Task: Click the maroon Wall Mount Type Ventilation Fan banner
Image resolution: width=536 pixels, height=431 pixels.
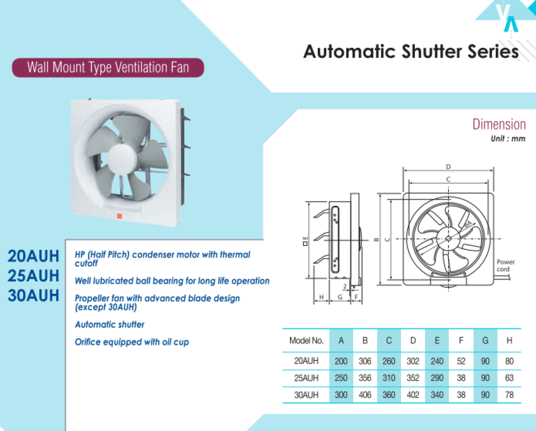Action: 108,68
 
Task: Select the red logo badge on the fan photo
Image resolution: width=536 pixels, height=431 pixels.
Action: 120,215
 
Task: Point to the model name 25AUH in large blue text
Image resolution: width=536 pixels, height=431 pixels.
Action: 33,276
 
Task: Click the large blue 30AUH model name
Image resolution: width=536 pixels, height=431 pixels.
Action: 33,296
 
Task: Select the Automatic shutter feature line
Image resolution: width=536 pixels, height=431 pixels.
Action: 109,324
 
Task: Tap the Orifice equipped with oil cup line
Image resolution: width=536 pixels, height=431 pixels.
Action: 132,342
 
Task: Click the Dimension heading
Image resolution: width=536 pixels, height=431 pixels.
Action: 499,124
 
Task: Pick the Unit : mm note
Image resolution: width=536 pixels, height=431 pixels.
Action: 508,138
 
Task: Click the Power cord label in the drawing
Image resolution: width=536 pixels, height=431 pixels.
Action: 505,265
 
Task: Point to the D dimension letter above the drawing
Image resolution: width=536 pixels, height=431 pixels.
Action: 448,167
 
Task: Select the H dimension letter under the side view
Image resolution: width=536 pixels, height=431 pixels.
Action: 321,297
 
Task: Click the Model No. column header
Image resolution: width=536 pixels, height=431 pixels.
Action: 306,340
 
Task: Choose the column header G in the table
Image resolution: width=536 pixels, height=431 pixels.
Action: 485,340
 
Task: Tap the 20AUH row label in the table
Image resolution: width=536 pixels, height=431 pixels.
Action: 306,361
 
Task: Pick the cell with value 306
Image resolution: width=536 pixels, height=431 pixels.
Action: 364,361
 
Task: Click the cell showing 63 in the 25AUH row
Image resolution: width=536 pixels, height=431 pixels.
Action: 509,378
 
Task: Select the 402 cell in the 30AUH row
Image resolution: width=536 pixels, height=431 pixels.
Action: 413,395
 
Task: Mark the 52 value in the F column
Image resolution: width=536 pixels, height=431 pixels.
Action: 461,361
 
